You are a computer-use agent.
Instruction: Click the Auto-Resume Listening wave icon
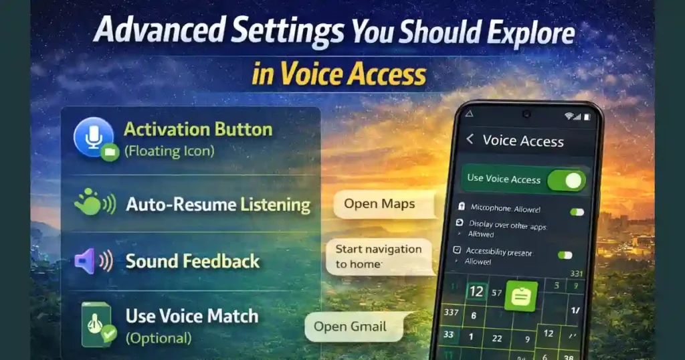pyautogui.click(x=94, y=202)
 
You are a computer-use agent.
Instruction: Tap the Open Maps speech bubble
pyautogui.click(x=379, y=203)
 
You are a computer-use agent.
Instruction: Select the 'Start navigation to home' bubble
pyautogui.click(x=379, y=256)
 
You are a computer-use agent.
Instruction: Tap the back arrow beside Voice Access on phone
pyautogui.click(x=470, y=139)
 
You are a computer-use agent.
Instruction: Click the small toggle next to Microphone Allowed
pyautogui.click(x=576, y=211)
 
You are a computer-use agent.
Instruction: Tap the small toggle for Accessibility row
pyautogui.click(x=565, y=254)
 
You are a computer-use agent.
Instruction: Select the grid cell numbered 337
pyautogui.click(x=451, y=312)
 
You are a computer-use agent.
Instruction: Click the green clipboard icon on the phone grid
pyautogui.click(x=520, y=295)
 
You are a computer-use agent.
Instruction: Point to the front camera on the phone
pyautogui.click(x=526, y=114)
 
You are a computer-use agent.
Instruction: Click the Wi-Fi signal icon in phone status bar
pyautogui.click(x=569, y=116)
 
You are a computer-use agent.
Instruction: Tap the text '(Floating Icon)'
pyautogui.click(x=169, y=151)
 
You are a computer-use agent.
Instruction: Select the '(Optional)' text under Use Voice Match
pyautogui.click(x=158, y=338)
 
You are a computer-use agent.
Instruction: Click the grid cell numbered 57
pyautogui.click(x=497, y=292)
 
